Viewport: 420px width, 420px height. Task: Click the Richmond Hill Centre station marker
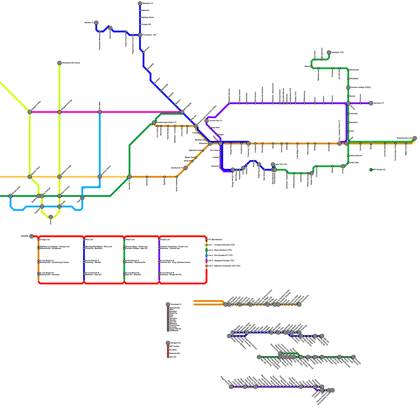tap(60, 63)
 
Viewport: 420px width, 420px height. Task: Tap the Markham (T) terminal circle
tap(140, 3)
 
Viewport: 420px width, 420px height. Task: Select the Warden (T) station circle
tap(96, 23)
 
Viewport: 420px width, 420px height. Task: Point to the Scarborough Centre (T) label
tap(166, 123)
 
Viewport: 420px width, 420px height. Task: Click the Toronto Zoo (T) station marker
tap(207, 121)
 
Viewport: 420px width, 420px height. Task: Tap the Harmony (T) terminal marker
tap(371, 103)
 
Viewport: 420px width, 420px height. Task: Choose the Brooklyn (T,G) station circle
tap(329, 52)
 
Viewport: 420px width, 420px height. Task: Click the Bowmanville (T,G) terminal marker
tap(415, 138)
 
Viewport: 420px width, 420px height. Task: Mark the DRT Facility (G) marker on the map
tap(371, 170)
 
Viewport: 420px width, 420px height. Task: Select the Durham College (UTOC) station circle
tap(348, 87)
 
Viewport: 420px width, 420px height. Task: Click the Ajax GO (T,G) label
tap(281, 165)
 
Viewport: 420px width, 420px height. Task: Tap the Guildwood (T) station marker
tap(186, 168)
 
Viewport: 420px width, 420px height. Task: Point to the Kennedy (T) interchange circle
tap(129, 177)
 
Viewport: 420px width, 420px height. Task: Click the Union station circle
tap(51, 217)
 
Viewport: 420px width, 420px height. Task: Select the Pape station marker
tap(82, 198)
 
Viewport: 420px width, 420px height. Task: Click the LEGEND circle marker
tap(31, 236)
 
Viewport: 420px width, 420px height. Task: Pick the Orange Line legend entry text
tap(45, 240)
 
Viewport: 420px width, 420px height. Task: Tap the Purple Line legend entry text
tap(165, 240)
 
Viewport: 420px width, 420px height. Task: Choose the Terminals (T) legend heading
tap(176, 304)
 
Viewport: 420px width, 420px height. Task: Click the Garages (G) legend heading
tap(175, 343)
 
